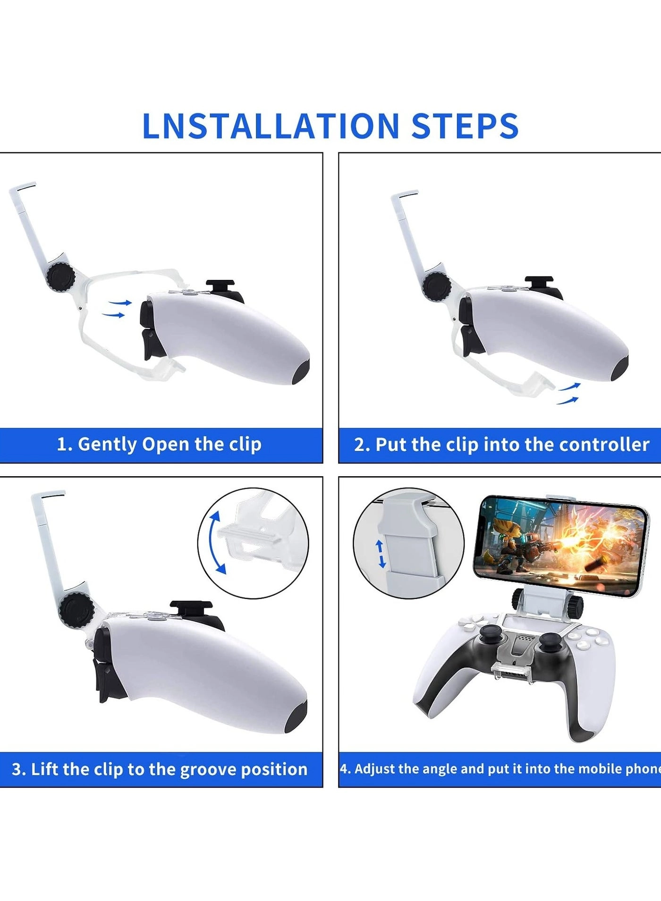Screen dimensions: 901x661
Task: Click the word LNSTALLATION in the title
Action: pos(271,126)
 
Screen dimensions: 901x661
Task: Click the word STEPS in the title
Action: pos(465,126)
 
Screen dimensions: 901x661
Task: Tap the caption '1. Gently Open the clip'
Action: pos(159,445)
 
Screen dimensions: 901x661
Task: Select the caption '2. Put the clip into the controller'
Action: pos(501,445)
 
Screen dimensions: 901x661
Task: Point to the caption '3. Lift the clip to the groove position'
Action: pos(160,769)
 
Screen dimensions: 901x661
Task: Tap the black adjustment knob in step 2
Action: pos(436,286)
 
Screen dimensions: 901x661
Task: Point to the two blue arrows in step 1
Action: pos(117,308)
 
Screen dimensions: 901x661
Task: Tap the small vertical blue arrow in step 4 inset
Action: pos(381,554)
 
